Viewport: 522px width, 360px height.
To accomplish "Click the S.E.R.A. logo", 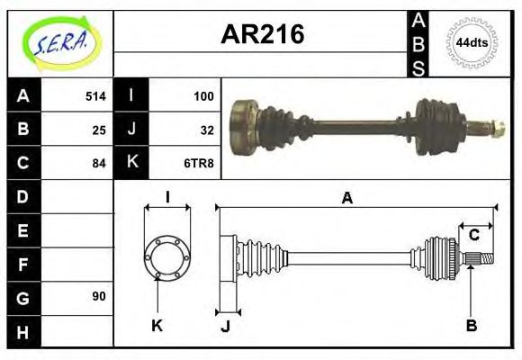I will (60, 42).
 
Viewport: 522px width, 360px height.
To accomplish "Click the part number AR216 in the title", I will (262, 35).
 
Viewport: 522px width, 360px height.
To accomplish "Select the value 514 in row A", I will (95, 95).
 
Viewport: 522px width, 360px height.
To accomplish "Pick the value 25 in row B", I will (99, 129).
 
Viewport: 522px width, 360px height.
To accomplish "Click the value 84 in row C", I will (99, 163).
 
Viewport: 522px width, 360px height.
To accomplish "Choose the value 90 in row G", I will (99, 296).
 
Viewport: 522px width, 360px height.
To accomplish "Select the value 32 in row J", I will (206, 129).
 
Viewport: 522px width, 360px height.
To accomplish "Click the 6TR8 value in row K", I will (200, 163).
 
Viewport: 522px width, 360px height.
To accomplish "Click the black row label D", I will (22, 196).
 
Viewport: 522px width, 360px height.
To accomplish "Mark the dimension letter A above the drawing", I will (346, 198).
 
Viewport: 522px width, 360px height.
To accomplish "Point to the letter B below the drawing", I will (471, 326).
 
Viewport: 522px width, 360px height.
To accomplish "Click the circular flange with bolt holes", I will (167, 256).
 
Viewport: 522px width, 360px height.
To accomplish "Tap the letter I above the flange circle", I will (167, 197).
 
